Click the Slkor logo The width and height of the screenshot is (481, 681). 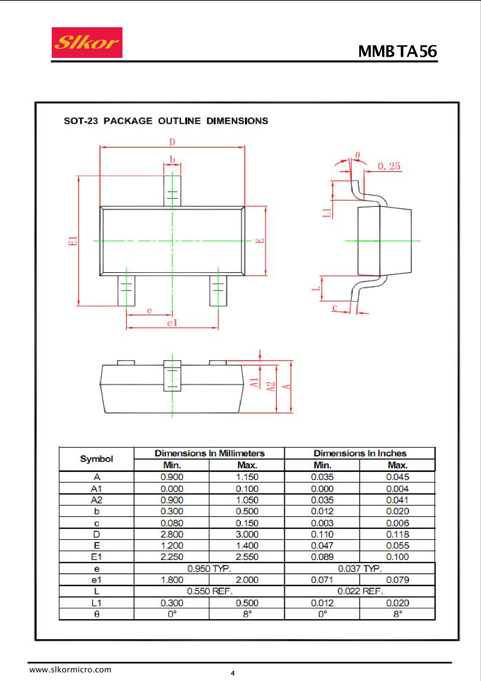(87, 42)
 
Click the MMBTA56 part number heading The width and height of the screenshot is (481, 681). (398, 51)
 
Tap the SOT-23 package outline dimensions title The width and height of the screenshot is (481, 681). (166, 121)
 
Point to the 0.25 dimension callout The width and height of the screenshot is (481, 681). (389, 166)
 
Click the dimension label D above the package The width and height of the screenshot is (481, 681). (172, 142)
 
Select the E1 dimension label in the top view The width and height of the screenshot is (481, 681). (73, 241)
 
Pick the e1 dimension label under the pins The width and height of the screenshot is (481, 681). (172, 323)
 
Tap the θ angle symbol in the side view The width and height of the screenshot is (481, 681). (358, 155)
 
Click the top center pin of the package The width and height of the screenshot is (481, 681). (172, 191)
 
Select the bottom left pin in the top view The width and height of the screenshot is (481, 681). (126, 291)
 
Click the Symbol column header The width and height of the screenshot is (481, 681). (97, 459)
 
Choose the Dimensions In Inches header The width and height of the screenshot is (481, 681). (360, 453)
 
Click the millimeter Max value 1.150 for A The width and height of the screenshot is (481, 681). (247, 477)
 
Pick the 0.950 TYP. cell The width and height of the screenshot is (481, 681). (209, 568)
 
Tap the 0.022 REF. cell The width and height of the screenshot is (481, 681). (360, 591)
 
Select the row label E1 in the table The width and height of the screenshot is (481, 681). (97, 557)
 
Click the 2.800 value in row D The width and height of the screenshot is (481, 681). (172, 534)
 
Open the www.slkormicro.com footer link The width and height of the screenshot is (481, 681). (70, 670)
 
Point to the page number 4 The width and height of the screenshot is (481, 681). (233, 673)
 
